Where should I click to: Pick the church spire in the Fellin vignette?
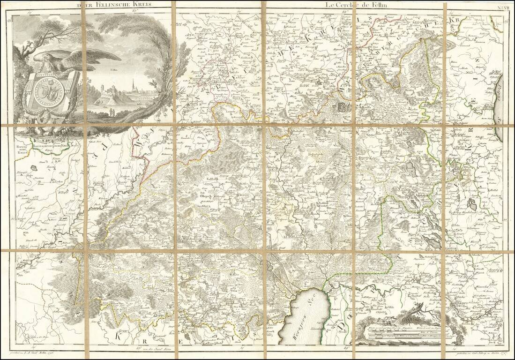coord(134,84)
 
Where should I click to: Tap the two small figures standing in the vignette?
coord(112,111)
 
